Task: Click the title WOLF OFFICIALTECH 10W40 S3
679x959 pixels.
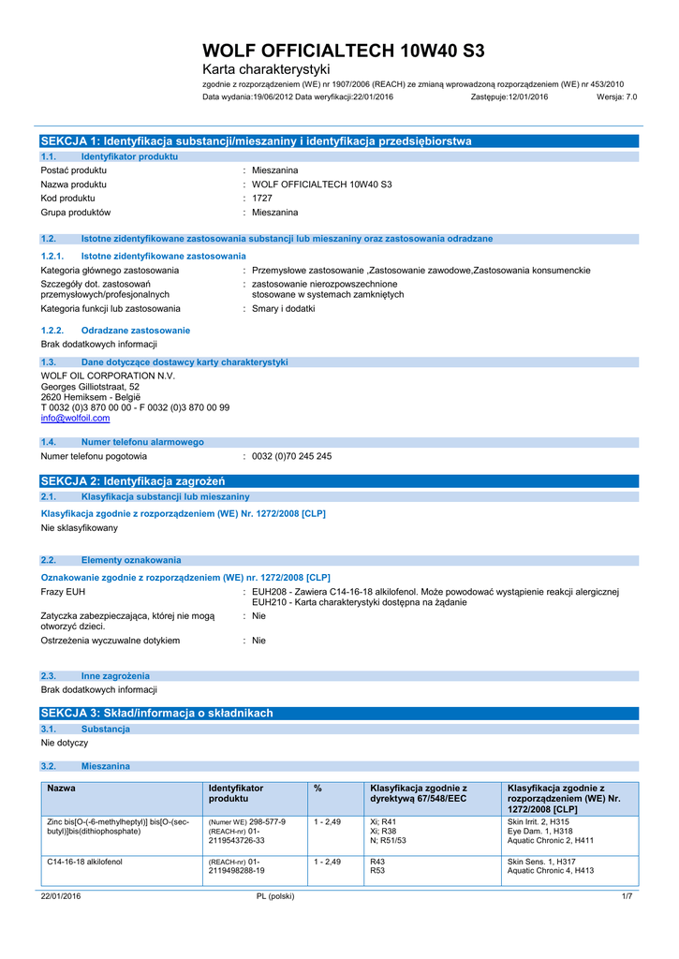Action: [x=344, y=51]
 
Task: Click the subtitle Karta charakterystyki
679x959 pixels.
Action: [x=266, y=70]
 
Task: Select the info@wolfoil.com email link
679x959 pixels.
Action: [x=75, y=419]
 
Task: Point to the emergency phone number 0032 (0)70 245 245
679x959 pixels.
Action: [x=291, y=456]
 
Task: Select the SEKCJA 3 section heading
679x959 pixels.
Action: [x=156, y=713]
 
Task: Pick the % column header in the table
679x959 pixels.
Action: [x=318, y=789]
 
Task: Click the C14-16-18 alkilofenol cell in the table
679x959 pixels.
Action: [x=84, y=861]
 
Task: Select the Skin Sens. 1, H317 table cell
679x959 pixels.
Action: [x=541, y=861]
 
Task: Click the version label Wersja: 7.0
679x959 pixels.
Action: [x=616, y=96]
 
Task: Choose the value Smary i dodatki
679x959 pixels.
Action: [x=284, y=308]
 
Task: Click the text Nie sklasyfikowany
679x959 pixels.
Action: [x=80, y=528]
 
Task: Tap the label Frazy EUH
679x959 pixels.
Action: [x=63, y=592]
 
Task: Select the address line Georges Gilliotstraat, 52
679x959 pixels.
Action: [x=90, y=386]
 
